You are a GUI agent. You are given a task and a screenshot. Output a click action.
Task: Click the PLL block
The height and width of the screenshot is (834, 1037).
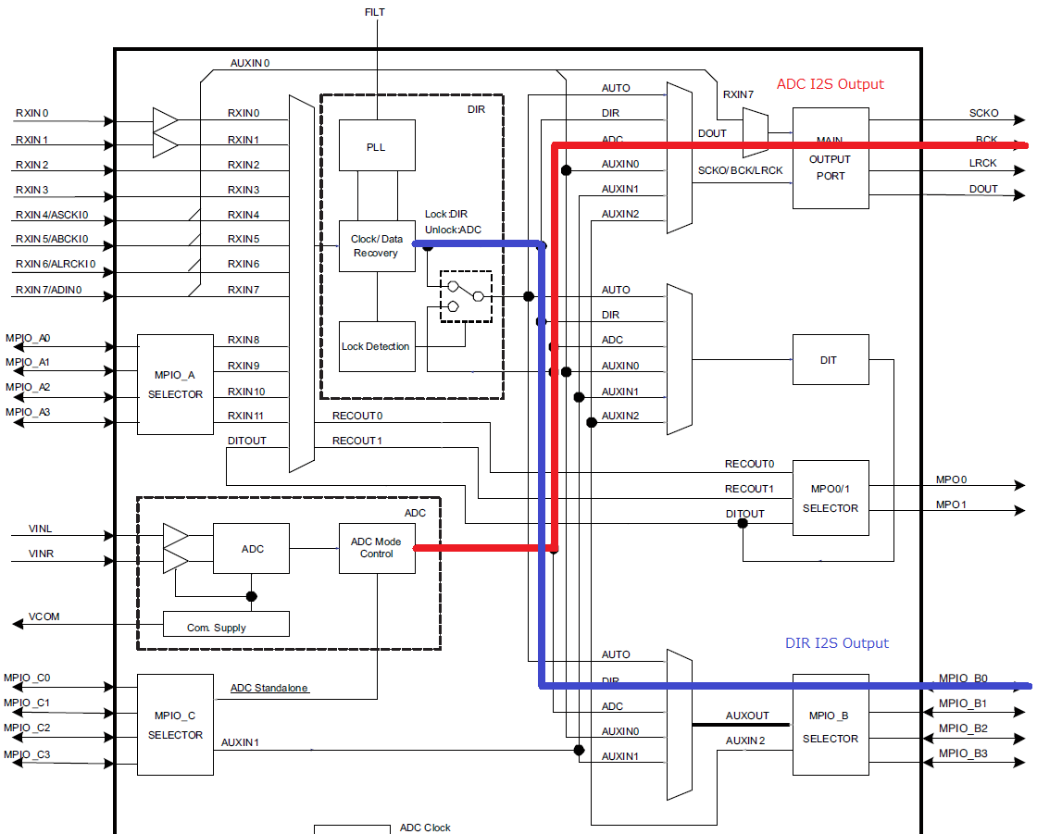click(x=377, y=145)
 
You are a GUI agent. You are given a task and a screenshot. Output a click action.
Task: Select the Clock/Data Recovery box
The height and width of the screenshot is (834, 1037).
click(x=377, y=246)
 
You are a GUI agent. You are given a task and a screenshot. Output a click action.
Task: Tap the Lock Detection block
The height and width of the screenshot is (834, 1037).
click(x=377, y=346)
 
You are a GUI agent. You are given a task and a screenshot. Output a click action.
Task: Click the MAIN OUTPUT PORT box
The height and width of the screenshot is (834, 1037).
click(x=831, y=158)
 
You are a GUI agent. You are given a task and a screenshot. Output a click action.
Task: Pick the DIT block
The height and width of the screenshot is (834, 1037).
click(x=831, y=360)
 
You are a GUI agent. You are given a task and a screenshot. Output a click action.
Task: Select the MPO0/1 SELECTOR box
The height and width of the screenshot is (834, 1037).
click(x=831, y=498)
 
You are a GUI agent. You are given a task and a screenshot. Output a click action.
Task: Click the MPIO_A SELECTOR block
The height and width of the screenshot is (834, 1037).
click(x=175, y=384)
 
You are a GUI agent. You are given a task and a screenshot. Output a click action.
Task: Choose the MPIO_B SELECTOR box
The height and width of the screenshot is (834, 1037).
click(x=831, y=725)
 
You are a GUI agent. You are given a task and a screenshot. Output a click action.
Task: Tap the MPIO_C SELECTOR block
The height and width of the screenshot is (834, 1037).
click(x=175, y=725)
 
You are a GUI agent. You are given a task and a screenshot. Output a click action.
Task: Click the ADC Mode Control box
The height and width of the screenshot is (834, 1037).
click(x=377, y=548)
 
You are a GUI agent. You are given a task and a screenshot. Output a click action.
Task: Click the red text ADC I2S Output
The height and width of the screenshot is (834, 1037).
click(x=830, y=84)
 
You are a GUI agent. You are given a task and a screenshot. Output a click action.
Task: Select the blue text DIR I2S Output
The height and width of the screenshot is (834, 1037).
click(x=836, y=643)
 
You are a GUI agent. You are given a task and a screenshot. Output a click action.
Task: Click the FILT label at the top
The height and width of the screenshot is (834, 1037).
click(x=376, y=12)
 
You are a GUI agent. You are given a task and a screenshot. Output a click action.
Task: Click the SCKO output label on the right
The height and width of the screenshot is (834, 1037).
click(x=983, y=113)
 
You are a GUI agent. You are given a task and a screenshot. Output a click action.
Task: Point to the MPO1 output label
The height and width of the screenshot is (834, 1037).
click(x=951, y=504)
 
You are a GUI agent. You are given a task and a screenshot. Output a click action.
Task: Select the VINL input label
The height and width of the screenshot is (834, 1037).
click(x=41, y=529)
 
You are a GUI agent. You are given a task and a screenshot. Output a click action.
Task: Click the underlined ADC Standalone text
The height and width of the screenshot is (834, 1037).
click(x=269, y=688)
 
